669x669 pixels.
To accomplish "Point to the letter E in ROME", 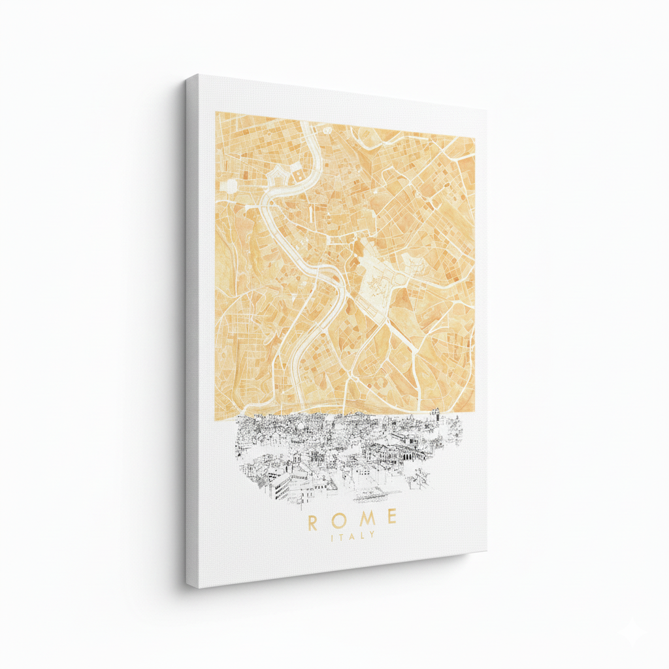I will pos(391,518).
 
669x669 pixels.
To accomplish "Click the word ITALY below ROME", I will pos(353,536).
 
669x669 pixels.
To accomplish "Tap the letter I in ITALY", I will pos(334,538).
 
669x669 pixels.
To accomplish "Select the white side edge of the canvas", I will pos(191,327).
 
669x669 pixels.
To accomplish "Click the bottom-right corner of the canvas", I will pos(486,551).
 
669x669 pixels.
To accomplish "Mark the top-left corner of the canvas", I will pos(188,77).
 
